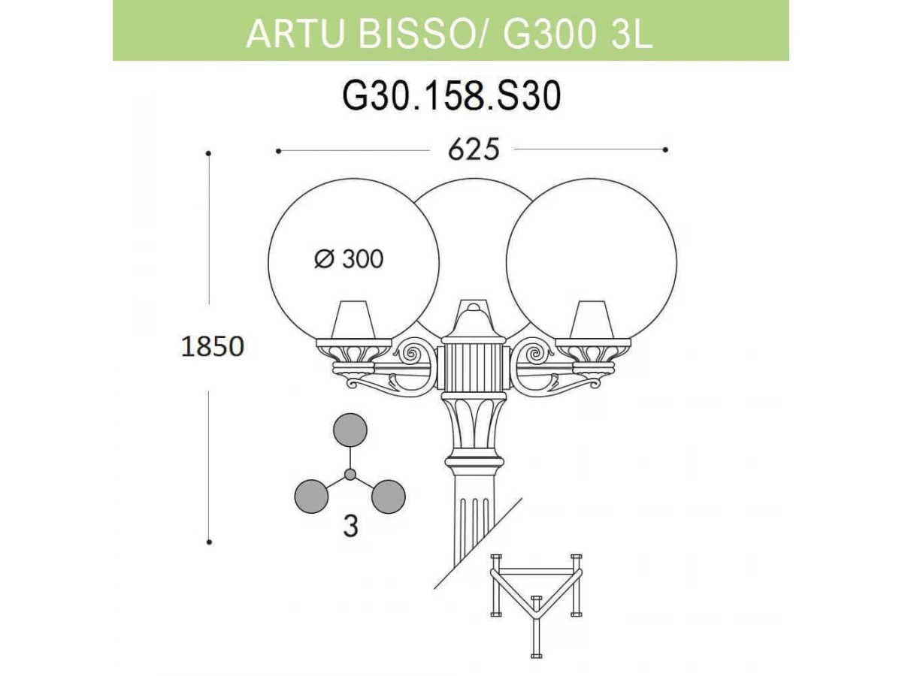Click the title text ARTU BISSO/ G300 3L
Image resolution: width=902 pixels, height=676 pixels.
tap(449, 33)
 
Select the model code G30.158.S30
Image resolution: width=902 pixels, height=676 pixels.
tap(451, 95)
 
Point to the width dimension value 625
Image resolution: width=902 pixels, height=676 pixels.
tap(474, 149)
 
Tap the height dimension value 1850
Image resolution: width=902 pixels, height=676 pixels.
tap(213, 346)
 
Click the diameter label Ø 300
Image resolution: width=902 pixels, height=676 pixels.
tap(349, 258)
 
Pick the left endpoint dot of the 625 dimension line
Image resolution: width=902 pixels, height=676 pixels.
tap(278, 151)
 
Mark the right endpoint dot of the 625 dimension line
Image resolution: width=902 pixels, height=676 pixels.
tap(665, 149)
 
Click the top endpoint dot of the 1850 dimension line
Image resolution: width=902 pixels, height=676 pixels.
tap(209, 153)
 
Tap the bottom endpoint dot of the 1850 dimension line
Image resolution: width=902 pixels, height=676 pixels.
tap(209, 542)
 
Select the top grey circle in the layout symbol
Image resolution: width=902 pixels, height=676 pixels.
tap(350, 430)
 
